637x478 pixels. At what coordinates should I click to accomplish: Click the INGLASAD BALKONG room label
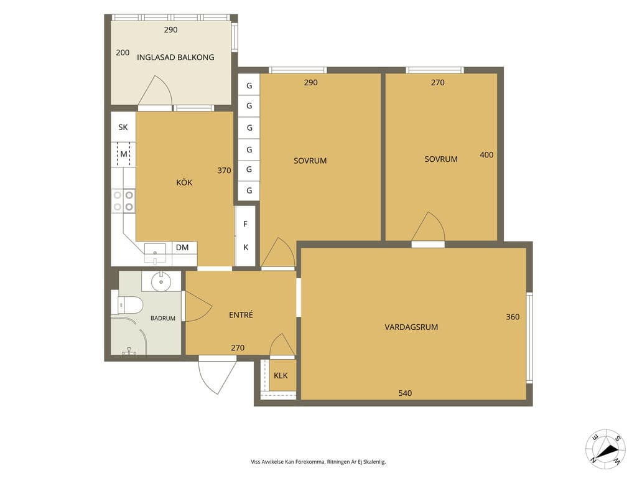[x=175, y=57]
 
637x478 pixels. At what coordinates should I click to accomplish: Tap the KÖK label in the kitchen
[x=184, y=182]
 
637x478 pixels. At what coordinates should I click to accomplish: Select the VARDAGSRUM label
[x=411, y=327]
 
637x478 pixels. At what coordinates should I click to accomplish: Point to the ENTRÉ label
[x=241, y=314]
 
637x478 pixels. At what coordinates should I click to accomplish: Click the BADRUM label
[x=163, y=318]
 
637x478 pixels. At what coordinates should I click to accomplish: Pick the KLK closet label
[x=281, y=375]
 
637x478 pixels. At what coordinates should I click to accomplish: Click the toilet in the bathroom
[x=129, y=304]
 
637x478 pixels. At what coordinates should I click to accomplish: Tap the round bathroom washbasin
[x=161, y=282]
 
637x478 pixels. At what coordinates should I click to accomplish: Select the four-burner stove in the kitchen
[x=124, y=201]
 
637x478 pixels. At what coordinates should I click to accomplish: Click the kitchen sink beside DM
[x=155, y=253]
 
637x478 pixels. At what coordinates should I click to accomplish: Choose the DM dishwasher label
[x=182, y=247]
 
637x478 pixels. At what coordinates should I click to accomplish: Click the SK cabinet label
[x=123, y=127]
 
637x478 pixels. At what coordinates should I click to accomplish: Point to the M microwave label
[x=124, y=154]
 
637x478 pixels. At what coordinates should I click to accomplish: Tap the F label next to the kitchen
[x=245, y=224]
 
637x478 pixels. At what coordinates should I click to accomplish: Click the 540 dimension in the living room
[x=405, y=393]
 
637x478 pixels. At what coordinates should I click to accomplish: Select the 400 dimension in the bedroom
[x=486, y=155]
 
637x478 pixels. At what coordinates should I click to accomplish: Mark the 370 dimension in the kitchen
[x=224, y=171]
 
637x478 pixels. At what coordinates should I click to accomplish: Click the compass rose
[x=605, y=449]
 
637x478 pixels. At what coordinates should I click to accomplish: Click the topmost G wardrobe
[x=249, y=86]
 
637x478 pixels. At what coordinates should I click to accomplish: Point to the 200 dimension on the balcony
[x=123, y=52]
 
